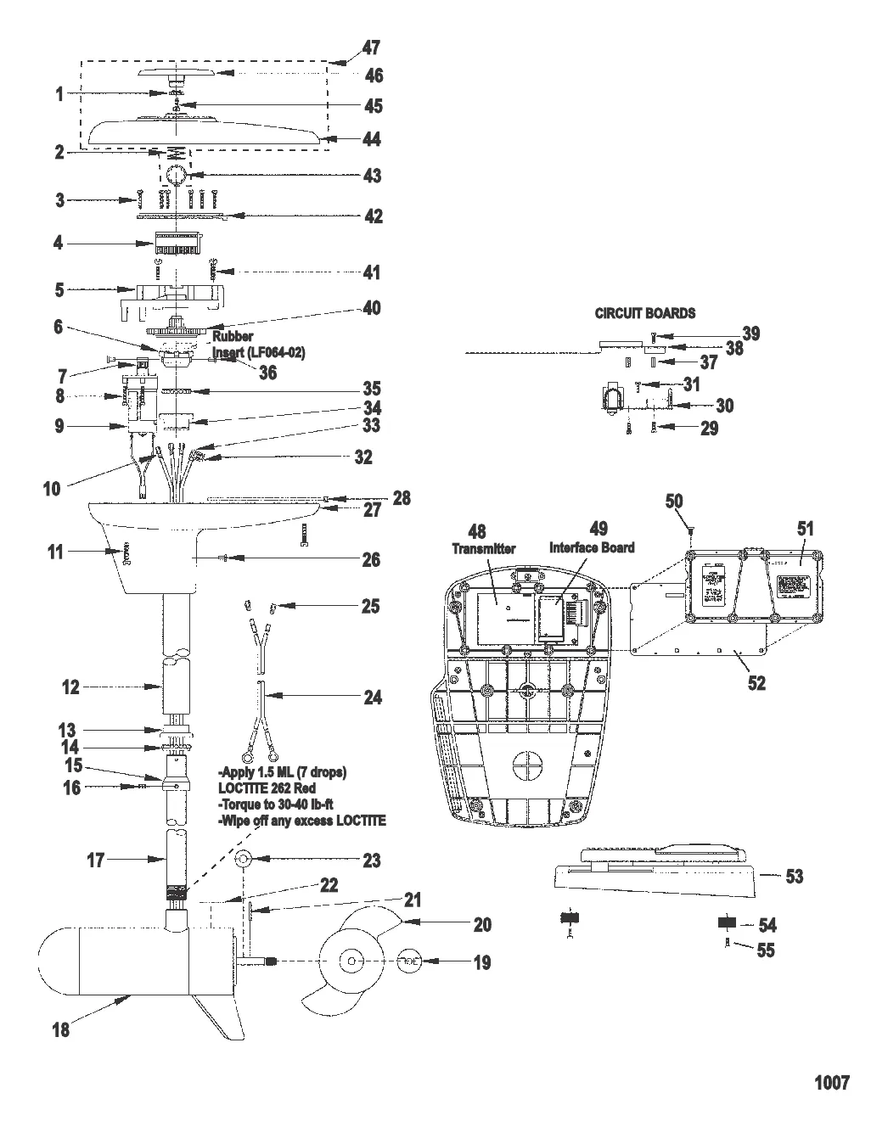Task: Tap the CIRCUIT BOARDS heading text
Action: point(644,313)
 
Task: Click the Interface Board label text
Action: point(591,547)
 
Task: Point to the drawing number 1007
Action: point(831,1082)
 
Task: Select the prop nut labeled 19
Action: point(409,961)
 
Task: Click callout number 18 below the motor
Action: point(61,1029)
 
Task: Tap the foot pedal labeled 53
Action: point(654,878)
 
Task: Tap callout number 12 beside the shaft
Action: point(70,687)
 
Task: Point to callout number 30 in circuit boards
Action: point(723,405)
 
